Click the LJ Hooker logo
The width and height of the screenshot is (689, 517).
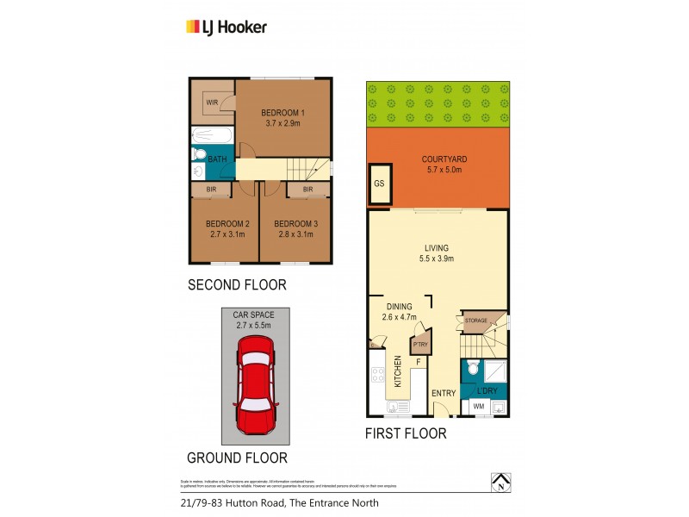tap(227, 27)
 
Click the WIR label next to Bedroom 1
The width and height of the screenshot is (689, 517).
tap(211, 103)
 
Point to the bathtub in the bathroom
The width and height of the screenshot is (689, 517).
tap(212, 135)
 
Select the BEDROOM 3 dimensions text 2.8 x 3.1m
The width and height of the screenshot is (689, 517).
tap(295, 234)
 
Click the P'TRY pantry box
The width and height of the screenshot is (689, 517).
tap(420, 346)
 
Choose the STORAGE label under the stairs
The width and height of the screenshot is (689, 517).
tap(476, 321)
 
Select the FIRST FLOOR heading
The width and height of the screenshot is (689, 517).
tap(407, 433)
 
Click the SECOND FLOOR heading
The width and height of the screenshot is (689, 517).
tap(237, 284)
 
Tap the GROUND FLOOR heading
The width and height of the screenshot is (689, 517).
tap(237, 458)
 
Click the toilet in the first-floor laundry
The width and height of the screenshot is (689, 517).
tap(470, 370)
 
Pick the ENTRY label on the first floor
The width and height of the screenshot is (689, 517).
tap(444, 394)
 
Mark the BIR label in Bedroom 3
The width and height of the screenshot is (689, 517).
tap(307, 190)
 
